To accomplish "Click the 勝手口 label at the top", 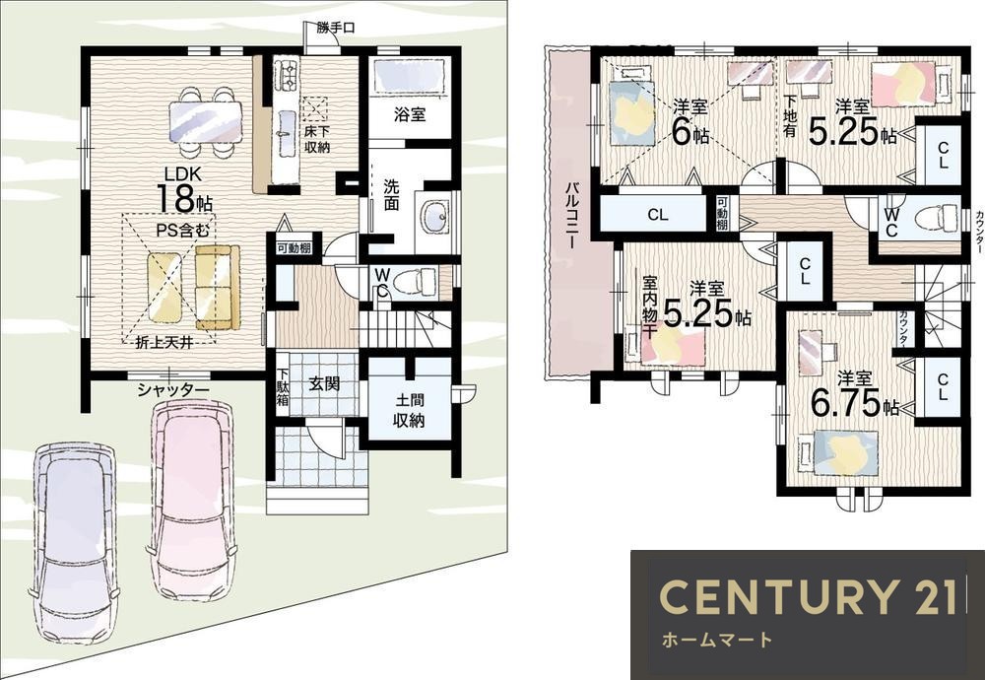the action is tap(336, 28).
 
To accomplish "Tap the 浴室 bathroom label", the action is tap(410, 114).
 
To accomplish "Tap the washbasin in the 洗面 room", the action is tap(432, 218).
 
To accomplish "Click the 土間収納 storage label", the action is tap(409, 410).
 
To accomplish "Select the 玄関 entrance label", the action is tap(323, 382).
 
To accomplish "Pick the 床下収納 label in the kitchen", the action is tap(317, 140).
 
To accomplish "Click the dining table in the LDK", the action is tap(206, 122).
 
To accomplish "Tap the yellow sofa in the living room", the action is tap(218, 287).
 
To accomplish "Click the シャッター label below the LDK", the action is tap(173, 390).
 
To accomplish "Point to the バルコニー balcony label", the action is tap(571, 216).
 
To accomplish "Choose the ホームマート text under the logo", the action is tap(717, 641).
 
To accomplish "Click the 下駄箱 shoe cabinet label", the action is tap(283, 387).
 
